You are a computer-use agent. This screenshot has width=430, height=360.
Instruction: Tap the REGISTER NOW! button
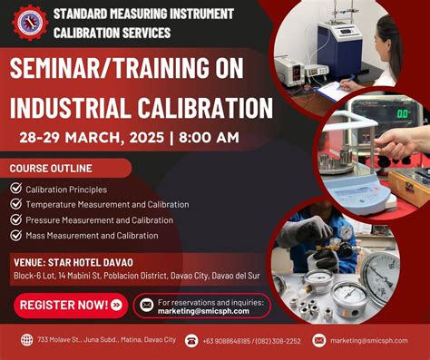click(x=69, y=304)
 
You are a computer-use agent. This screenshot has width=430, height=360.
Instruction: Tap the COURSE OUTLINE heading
click(x=53, y=170)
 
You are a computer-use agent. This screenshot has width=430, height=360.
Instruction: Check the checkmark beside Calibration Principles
click(x=16, y=189)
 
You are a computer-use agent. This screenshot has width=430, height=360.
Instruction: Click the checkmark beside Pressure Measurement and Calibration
click(x=16, y=219)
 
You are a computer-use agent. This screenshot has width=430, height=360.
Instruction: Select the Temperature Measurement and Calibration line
click(x=107, y=205)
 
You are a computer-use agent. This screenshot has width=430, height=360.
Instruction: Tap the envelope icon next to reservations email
click(x=145, y=305)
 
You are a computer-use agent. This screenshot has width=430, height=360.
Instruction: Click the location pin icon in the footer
click(x=26, y=340)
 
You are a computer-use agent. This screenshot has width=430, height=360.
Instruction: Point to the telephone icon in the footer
click(x=191, y=340)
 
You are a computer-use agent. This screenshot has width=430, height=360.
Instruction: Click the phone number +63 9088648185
click(x=230, y=341)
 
